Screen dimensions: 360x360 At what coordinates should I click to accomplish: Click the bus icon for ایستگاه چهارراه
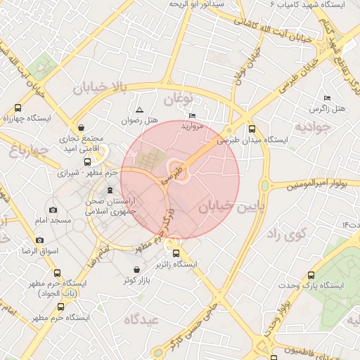click(x=18, y=108)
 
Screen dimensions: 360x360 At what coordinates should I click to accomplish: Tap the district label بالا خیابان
click(x=103, y=87)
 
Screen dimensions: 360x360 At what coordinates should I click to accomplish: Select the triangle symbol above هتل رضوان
click(x=139, y=110)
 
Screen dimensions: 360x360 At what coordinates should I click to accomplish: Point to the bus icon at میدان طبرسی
click(x=252, y=129)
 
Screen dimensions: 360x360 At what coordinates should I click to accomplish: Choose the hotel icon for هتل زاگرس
click(x=326, y=98)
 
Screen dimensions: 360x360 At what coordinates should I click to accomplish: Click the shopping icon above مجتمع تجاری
click(x=82, y=129)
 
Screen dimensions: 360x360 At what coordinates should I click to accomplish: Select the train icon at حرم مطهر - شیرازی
click(x=86, y=161)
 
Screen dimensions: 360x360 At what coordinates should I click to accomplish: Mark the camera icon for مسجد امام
click(x=53, y=210)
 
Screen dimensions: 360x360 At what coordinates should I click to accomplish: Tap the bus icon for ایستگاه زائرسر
click(x=176, y=254)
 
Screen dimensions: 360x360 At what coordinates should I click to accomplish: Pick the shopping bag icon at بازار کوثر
click(x=136, y=270)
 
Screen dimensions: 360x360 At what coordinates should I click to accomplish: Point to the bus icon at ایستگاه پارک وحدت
click(x=311, y=275)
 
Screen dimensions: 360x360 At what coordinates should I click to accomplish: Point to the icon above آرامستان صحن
click(x=109, y=190)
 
